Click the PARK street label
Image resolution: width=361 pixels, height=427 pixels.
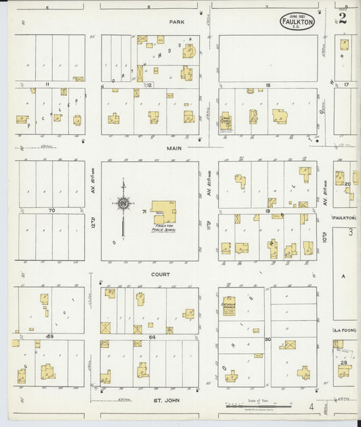pos(177,22)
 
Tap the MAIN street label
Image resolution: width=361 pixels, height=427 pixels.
pos(177,147)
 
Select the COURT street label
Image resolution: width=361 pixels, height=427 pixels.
pos(161,275)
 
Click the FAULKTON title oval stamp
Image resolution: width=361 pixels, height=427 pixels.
pos(297,21)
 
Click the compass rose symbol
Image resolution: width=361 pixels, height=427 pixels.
pos(123,202)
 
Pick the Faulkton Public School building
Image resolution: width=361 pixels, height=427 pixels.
pos(163,212)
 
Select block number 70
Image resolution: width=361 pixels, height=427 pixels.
pos(51,211)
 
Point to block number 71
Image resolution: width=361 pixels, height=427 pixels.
pos(144,212)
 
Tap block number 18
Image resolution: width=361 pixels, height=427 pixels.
pos(268,85)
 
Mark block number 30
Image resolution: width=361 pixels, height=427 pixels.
pos(268,339)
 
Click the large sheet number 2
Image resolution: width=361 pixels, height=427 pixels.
pos(343,18)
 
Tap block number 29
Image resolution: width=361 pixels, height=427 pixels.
pos(343,363)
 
